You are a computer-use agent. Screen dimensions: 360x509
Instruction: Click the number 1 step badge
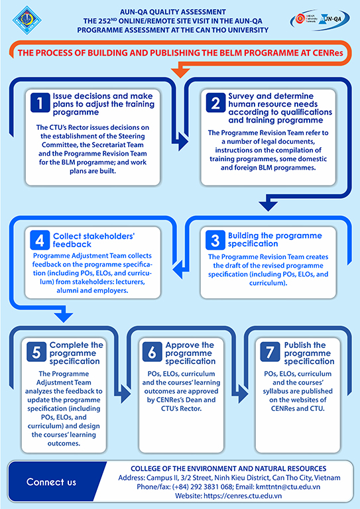click(40, 103)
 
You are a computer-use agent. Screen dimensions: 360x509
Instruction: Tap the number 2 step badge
click(215, 103)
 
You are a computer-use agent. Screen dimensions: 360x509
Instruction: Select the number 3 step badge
click(215, 239)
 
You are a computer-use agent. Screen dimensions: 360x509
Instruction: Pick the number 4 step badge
click(40, 239)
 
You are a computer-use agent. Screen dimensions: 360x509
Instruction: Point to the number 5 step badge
click(36, 352)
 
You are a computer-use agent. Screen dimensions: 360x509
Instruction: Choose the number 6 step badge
click(152, 352)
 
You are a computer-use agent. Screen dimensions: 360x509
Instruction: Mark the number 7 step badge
click(270, 352)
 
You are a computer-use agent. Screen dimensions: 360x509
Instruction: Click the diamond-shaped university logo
click(27, 20)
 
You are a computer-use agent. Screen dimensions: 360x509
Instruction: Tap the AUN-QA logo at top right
click(320, 20)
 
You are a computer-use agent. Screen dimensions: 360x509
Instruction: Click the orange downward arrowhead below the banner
click(180, 74)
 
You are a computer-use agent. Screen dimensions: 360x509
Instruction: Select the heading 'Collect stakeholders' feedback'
click(94, 240)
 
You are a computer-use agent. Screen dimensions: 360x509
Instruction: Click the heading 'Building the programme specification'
click(274, 239)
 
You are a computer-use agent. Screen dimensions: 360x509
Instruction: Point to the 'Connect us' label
click(51, 482)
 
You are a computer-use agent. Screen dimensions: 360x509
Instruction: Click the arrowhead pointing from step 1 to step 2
click(183, 142)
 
